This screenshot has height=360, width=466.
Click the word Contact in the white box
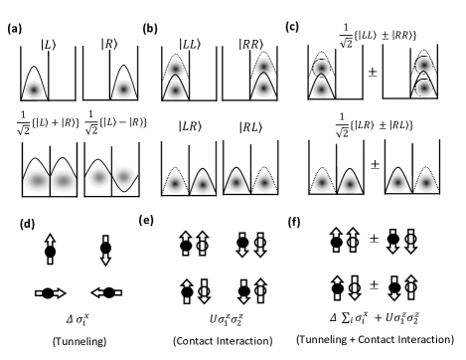196,341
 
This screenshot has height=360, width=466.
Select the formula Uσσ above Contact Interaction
223,319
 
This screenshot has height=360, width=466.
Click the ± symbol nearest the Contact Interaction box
374,285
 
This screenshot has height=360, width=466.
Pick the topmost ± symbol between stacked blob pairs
373,73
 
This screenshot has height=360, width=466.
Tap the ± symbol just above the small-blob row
374,165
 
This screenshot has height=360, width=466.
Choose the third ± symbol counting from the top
374,239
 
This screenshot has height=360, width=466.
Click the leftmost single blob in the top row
34,90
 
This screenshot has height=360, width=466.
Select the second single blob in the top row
123,90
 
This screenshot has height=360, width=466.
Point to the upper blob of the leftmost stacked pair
175,68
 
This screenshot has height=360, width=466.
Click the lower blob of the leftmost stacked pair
175,90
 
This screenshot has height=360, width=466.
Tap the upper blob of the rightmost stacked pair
423,66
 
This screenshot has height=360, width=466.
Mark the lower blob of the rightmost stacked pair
423,88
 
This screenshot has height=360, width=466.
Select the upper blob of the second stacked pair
263,67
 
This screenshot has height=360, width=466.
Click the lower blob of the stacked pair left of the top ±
321,90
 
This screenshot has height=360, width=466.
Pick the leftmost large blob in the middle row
37,180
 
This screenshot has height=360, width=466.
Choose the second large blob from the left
64,180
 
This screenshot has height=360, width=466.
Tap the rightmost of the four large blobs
124,177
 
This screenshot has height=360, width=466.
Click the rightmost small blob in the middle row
425,183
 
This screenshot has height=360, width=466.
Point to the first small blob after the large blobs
175,184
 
